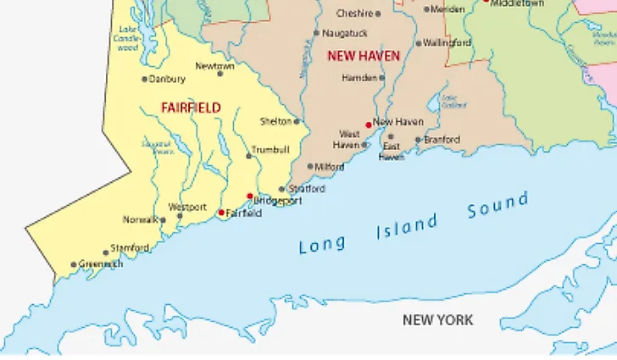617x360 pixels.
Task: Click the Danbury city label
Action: (167, 80)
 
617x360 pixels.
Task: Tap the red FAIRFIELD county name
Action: (191, 108)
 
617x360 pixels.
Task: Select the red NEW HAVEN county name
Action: (363, 56)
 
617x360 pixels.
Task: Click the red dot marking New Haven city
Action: (368, 125)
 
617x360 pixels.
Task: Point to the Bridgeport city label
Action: (278, 202)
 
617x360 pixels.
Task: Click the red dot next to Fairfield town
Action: (221, 213)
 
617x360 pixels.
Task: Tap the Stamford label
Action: (131, 248)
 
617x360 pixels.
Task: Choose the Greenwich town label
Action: (101, 264)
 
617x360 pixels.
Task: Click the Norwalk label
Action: (140, 220)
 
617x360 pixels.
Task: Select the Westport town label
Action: (186, 208)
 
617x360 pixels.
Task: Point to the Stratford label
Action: (306, 189)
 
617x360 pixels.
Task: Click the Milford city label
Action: (329, 167)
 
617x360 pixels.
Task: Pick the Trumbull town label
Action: (270, 150)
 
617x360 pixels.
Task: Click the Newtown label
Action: (214, 66)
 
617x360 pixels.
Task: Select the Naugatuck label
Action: (345, 33)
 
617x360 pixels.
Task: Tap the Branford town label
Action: (442, 140)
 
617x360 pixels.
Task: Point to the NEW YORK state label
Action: (437, 320)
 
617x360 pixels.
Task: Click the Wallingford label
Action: (447, 42)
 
